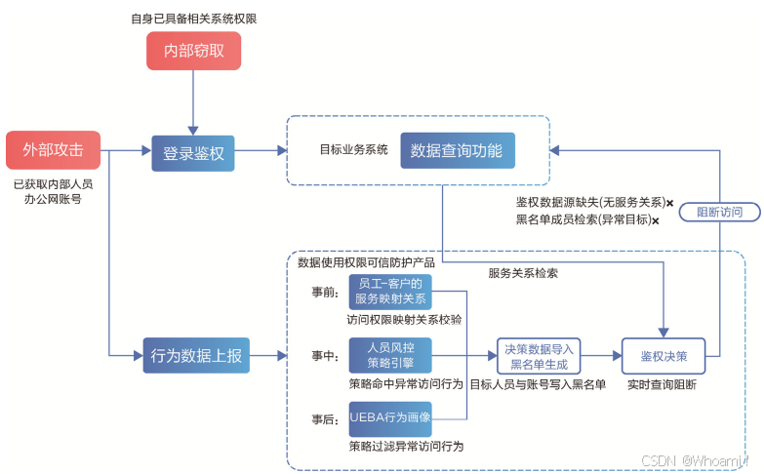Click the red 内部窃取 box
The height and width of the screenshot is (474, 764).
193,51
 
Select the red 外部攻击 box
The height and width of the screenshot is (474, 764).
53,150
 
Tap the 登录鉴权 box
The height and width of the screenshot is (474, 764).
193,152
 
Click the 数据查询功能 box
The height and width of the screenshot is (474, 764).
457,151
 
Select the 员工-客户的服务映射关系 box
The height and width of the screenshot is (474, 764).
390,292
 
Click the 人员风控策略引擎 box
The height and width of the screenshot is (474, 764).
390,354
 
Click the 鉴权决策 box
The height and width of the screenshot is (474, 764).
663,356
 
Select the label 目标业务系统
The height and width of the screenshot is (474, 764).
353,150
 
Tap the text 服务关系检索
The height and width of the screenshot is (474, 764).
523,273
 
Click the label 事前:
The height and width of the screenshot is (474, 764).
325,292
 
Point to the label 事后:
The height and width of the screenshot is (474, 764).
325,418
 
